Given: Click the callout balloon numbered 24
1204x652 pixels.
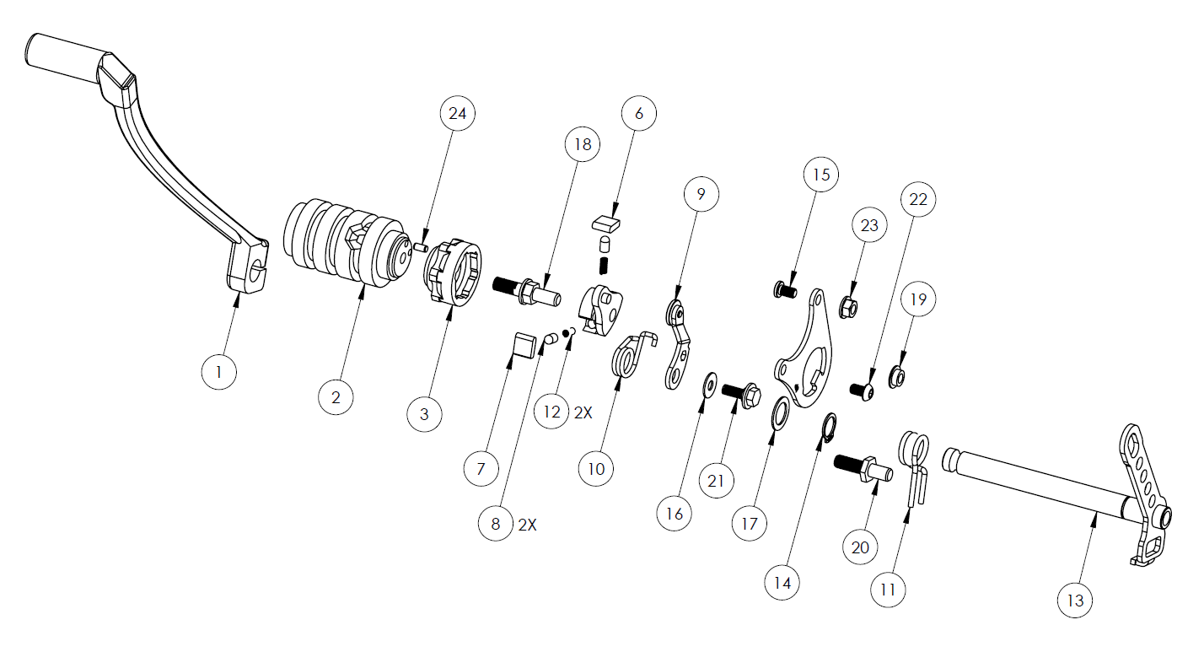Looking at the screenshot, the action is (x=458, y=113).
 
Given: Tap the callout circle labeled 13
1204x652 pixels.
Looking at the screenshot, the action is (x=1075, y=600).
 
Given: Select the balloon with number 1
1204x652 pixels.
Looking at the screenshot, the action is (x=218, y=372).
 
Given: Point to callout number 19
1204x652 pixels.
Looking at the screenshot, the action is (x=918, y=299).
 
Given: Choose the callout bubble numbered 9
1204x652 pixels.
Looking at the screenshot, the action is (x=701, y=194).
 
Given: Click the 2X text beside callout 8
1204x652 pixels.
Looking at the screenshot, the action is (x=527, y=525).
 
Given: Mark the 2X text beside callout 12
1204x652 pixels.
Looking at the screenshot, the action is (x=583, y=412).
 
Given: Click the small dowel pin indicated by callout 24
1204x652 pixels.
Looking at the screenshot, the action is (x=421, y=247).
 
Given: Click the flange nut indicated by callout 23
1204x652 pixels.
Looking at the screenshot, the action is (x=848, y=308).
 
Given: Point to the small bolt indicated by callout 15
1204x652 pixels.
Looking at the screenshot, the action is (x=785, y=291).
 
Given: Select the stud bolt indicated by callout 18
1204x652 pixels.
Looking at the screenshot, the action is (x=526, y=291).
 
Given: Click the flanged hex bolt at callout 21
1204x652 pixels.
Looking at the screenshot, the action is (x=742, y=395).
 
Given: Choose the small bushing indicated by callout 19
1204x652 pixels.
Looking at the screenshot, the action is (x=897, y=377).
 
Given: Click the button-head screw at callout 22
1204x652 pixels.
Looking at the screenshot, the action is (x=863, y=391).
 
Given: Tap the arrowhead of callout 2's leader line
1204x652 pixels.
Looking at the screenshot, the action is (x=363, y=291).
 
